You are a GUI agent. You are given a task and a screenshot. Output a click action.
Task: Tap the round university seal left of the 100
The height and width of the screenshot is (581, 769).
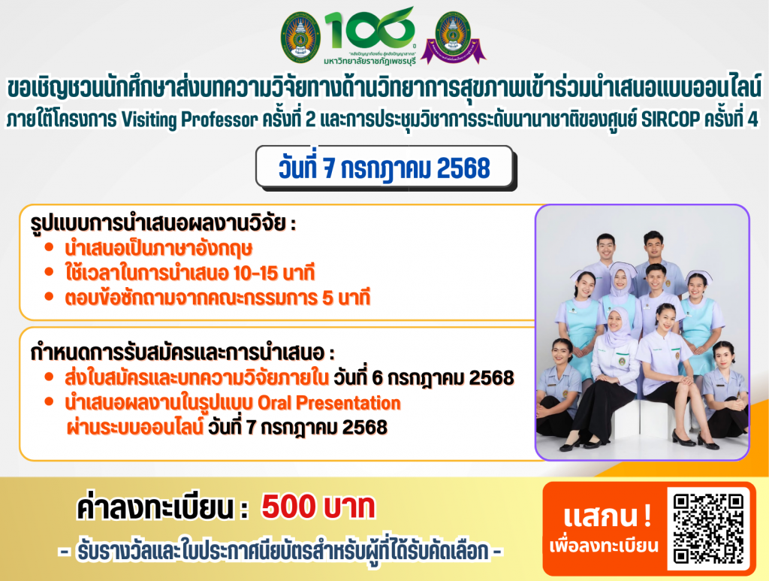tap(300, 38)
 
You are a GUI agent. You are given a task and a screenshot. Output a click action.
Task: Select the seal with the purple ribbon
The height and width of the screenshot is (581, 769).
tap(453, 38)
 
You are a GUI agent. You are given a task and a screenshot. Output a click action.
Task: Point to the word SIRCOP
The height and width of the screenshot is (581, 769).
tap(671, 119)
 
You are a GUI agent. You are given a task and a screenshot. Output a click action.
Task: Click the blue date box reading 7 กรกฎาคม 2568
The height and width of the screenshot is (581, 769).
tap(385, 168)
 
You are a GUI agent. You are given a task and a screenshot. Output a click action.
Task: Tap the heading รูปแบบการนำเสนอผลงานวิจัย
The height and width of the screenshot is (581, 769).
tap(163, 223)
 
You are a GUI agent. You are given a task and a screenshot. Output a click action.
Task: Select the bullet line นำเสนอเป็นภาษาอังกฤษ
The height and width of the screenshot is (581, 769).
tap(158, 248)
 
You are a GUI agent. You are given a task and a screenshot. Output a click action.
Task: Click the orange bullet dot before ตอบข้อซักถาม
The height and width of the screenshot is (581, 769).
tap(49, 296)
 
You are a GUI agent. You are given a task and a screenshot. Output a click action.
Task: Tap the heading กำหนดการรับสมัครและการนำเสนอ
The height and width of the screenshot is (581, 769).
tap(182, 353)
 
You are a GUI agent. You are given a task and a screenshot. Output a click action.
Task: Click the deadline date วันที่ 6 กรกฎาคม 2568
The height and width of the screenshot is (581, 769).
tap(424, 377)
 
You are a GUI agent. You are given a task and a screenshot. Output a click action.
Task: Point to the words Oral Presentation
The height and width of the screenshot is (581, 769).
tap(329, 402)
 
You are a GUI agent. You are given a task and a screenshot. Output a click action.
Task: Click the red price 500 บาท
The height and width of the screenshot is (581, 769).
tap(318, 507)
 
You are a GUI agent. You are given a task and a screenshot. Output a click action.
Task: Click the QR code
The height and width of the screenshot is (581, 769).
tap(709, 528)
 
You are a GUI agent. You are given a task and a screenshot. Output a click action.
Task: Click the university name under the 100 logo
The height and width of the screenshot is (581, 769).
tap(369, 61)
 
